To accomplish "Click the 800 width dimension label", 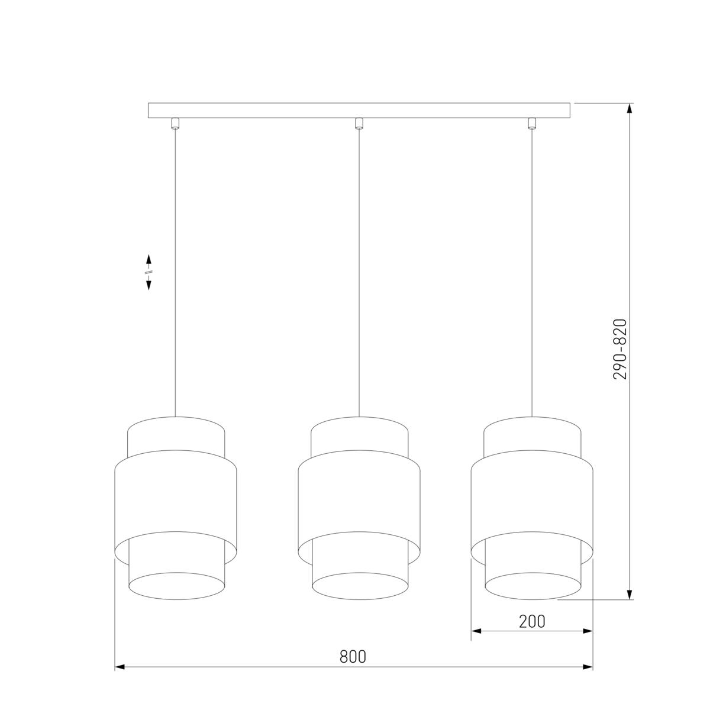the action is point(353,656).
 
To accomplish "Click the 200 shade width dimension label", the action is point(532,622).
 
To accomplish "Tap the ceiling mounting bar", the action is point(359,111).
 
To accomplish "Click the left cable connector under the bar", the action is point(175,124).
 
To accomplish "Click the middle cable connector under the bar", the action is point(359,124).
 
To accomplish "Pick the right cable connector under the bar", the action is point(531,124).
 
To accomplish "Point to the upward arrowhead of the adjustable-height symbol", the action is point(149,259).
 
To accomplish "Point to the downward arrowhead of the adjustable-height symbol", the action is point(149,285).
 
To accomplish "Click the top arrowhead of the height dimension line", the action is point(630,108).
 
